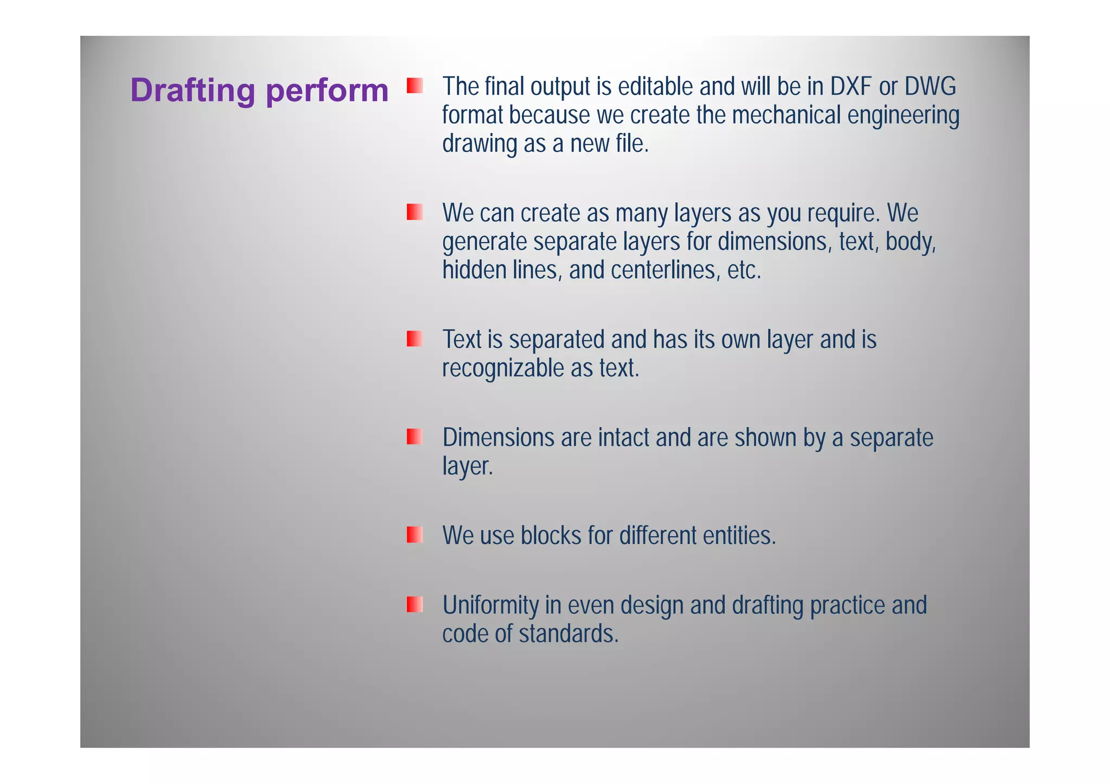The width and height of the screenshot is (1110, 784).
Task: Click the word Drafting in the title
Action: [x=192, y=90]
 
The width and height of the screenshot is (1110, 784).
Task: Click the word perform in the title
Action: [x=327, y=90]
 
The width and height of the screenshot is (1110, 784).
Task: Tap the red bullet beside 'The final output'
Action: [x=415, y=86]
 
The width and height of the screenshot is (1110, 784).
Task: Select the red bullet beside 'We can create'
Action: [x=415, y=212]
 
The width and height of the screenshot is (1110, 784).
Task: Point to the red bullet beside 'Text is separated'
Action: [x=415, y=339]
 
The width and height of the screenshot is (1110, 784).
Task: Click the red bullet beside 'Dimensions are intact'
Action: [x=415, y=437]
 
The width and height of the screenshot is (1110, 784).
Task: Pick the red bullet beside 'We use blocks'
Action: [x=415, y=535]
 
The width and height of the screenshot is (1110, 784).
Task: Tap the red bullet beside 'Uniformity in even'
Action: [x=415, y=604]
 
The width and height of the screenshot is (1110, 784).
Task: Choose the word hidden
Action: [x=474, y=270]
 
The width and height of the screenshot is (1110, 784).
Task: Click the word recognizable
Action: [x=502, y=368]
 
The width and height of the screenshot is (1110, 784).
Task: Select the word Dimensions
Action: [x=498, y=437]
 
